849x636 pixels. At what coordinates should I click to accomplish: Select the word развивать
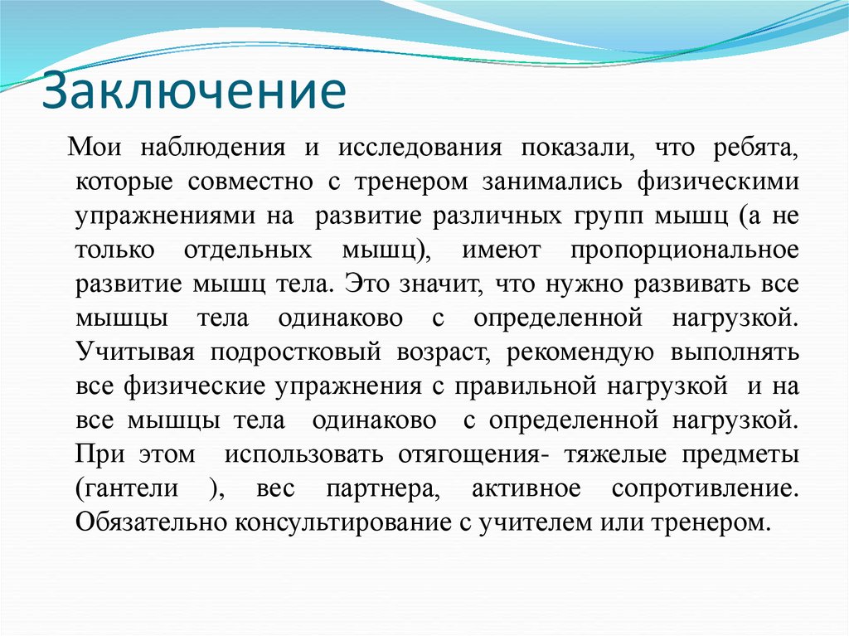(686, 284)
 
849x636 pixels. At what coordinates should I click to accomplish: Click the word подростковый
(295, 352)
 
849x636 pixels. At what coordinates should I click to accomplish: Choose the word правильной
(526, 386)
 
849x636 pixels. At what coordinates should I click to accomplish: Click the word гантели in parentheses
(131, 488)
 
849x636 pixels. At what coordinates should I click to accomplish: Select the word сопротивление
(705, 488)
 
